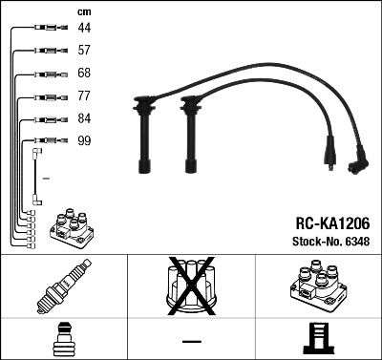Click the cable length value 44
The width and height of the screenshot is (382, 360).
pos(84,29)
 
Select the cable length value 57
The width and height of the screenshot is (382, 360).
pos(84,51)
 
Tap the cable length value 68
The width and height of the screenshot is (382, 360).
pos(84,74)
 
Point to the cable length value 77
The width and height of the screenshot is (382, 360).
pos(84,96)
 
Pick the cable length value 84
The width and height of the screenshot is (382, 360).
pos(84,119)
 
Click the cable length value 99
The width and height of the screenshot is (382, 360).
pos(84,141)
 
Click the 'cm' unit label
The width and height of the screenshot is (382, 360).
pos(83,11)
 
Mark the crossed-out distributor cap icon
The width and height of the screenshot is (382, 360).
pos(190,287)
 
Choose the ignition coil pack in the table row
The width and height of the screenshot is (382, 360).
pos(317,287)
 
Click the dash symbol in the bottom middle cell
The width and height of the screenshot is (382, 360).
pos(191,341)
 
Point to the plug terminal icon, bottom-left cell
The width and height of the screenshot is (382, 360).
pos(63,340)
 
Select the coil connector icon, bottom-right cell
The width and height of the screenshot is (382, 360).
pos(317,340)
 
